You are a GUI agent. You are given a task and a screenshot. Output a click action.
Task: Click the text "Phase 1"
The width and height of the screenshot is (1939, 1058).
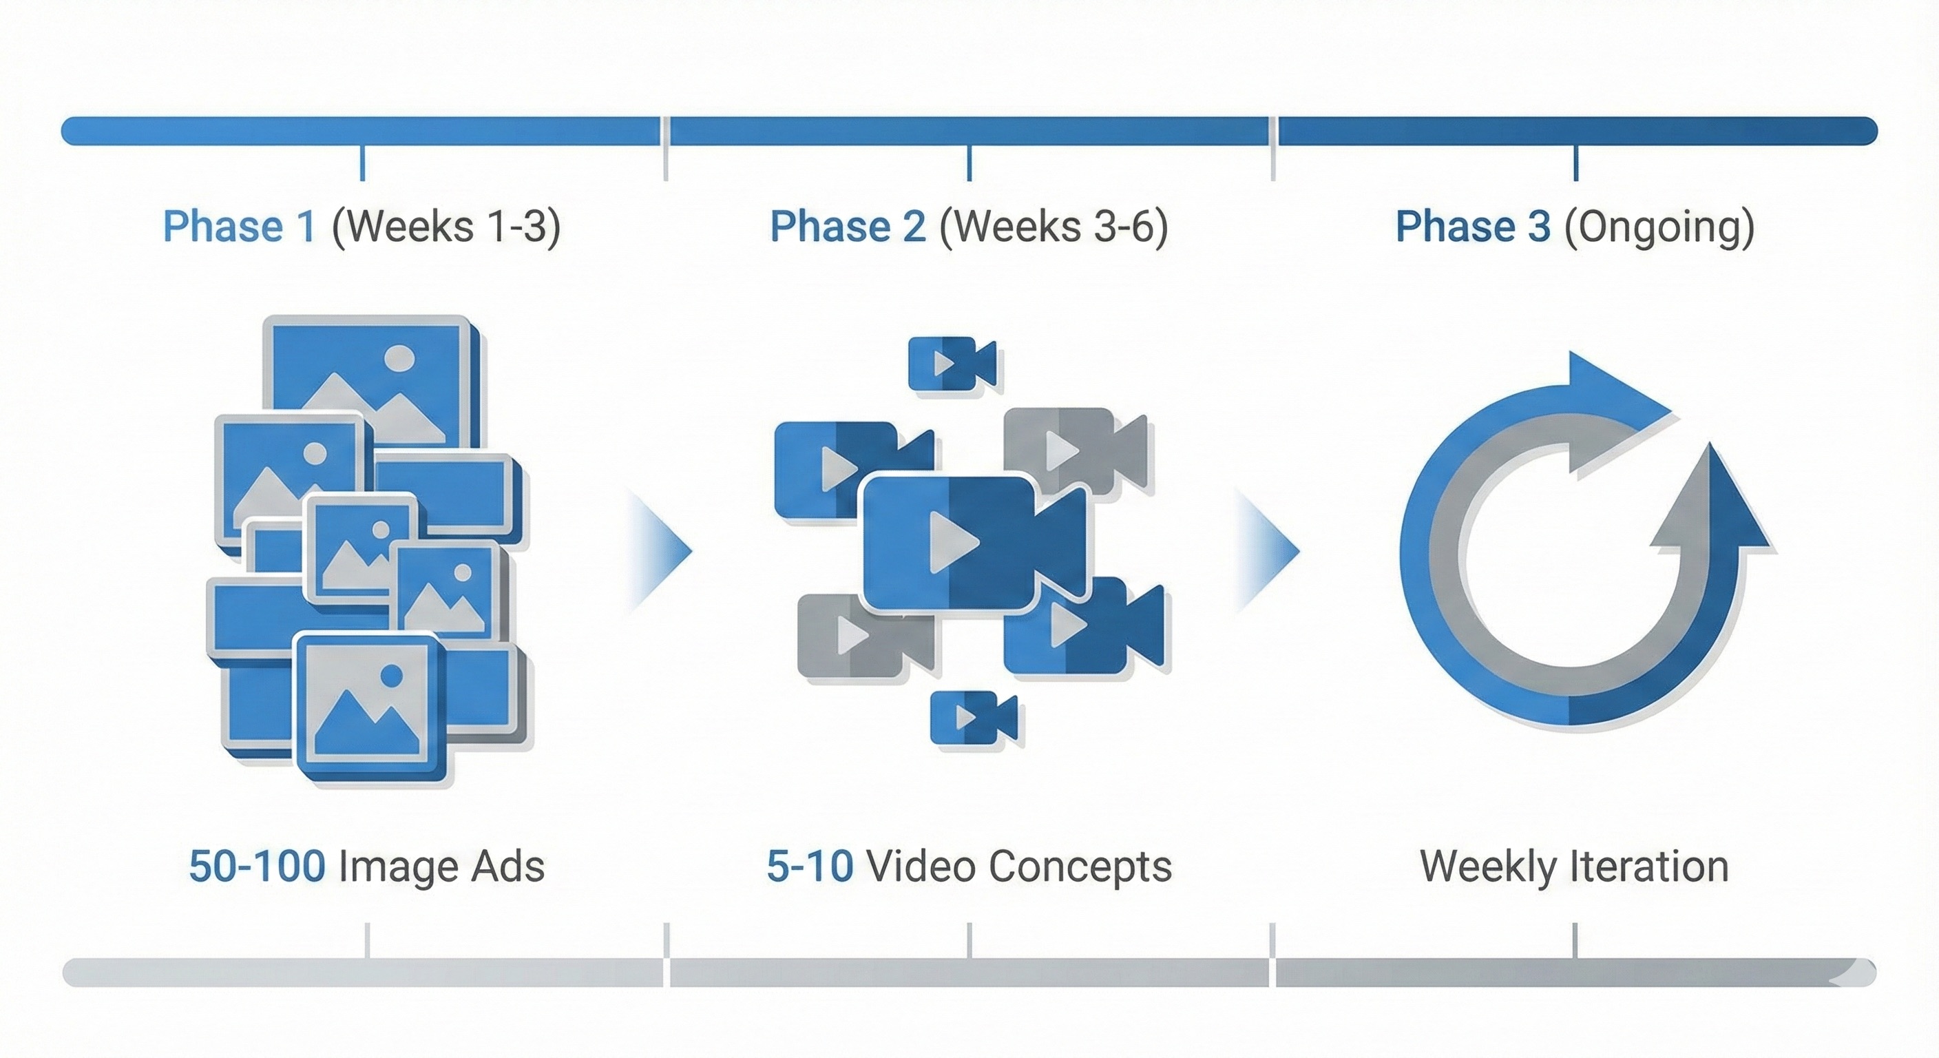(x=239, y=227)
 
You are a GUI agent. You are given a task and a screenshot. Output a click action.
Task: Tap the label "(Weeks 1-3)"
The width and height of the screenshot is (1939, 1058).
(x=446, y=227)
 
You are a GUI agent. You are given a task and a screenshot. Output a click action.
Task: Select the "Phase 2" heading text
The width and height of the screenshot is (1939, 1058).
(x=848, y=227)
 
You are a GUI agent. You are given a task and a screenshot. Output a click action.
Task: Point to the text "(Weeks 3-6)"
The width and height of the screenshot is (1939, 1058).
(x=1054, y=227)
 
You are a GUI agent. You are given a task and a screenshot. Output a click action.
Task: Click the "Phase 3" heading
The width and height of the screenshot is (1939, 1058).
(x=1472, y=227)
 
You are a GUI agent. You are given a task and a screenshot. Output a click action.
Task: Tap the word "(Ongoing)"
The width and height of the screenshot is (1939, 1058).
(x=1659, y=227)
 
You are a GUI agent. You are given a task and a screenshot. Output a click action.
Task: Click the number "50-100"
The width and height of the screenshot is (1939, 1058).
(x=257, y=866)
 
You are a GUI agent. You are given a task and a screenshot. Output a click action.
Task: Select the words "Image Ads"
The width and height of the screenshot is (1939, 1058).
(x=441, y=866)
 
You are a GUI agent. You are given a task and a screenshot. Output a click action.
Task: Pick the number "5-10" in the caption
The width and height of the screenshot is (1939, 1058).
(x=809, y=866)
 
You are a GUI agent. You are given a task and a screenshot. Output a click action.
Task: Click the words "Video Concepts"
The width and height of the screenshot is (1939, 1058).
(x=1019, y=866)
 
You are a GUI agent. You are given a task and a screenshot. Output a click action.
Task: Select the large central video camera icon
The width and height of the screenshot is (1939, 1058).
(x=971, y=541)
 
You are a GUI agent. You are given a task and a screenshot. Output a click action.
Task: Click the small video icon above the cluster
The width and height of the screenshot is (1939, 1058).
(x=952, y=364)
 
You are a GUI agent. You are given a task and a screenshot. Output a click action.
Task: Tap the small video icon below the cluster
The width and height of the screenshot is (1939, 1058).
(x=972, y=718)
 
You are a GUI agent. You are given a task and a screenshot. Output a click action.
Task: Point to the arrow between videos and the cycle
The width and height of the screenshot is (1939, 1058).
(x=1268, y=550)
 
